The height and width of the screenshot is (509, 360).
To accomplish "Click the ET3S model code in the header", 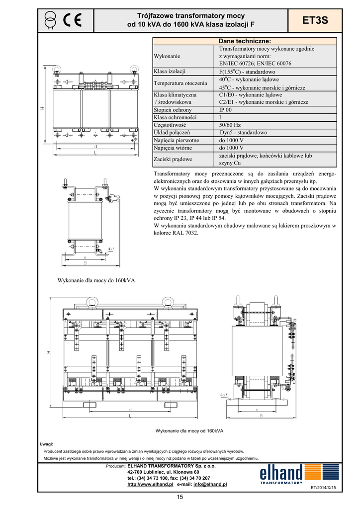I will [x=315, y=20].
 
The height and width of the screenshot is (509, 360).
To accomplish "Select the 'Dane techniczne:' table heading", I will [x=245, y=41].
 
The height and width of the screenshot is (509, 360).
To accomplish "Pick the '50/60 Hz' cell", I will [x=230, y=125].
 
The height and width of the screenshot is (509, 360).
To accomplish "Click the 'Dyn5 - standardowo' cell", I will [x=243, y=133].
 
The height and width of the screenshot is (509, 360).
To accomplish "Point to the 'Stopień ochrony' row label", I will [x=173, y=110].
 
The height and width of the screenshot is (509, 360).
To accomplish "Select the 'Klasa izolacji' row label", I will [x=170, y=72].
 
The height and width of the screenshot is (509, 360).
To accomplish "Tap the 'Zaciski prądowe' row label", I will [x=173, y=159].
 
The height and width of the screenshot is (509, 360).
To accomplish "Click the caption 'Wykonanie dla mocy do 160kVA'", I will [x=96, y=280].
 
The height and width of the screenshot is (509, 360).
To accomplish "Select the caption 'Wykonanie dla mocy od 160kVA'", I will [x=189, y=430].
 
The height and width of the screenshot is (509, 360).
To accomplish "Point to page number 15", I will [x=180, y=498].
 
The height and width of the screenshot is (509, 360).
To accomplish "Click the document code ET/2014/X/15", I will [x=323, y=488].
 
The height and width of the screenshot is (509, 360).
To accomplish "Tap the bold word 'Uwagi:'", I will [x=46, y=443].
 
